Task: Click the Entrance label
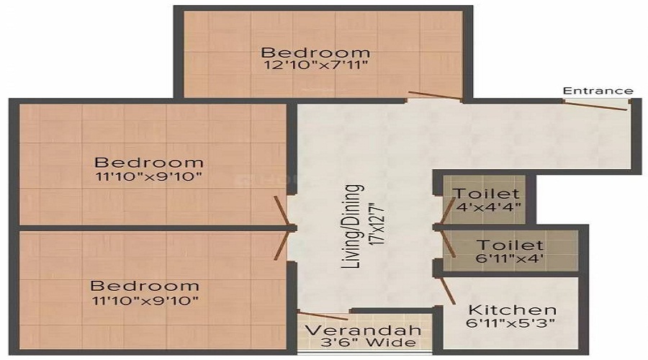pos(598,91)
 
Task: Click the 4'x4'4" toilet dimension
pos(488,209)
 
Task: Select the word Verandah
pos(362,330)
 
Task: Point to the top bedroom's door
pos(433,95)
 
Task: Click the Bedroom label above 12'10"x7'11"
pos(315,52)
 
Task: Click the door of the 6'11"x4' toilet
pos(449,243)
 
